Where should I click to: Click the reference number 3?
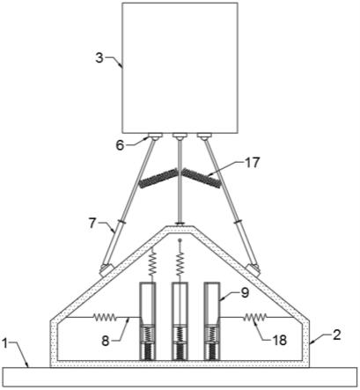(x=99, y=58)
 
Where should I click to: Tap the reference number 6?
(x=121, y=145)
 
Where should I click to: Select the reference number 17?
(x=252, y=163)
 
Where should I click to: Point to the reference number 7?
(x=92, y=224)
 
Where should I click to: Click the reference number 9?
(x=245, y=293)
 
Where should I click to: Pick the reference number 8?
(x=107, y=341)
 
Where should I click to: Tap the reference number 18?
(x=279, y=341)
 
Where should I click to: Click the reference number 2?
(x=337, y=335)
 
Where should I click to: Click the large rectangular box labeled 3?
(x=180, y=68)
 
